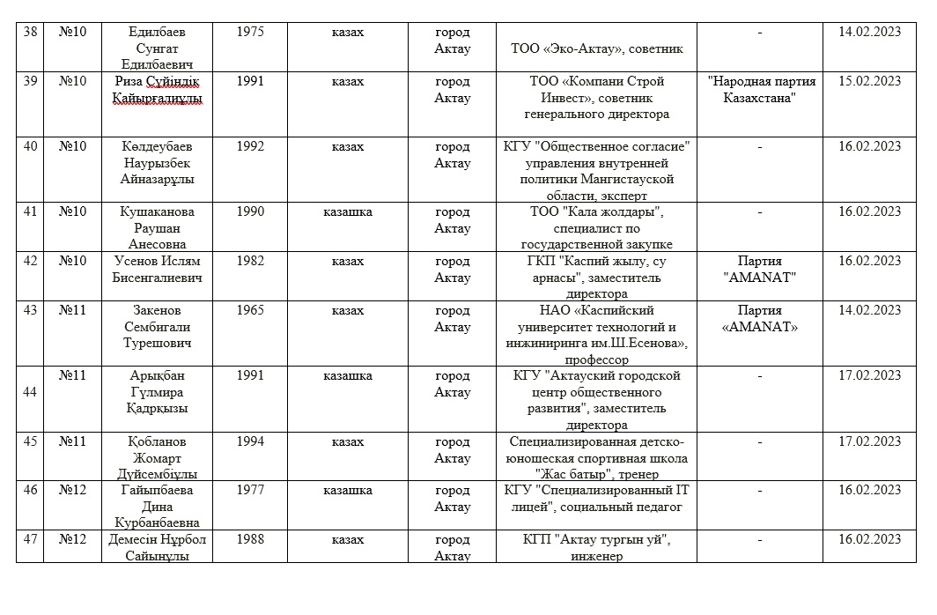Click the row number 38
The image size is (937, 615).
click(x=30, y=32)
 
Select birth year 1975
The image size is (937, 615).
click(x=250, y=32)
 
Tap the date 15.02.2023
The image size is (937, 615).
click(x=869, y=81)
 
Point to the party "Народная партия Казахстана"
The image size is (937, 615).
click(x=762, y=89)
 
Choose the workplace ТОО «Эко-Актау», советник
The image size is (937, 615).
click(x=597, y=49)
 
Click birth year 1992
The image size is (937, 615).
click(x=250, y=146)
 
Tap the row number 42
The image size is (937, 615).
click(x=30, y=261)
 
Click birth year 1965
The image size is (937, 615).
click(x=250, y=310)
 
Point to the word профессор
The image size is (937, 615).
click(x=599, y=359)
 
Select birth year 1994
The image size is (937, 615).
click(x=250, y=441)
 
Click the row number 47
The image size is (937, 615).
click(x=30, y=539)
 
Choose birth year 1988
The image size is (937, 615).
click(x=250, y=539)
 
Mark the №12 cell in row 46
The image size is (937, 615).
click(x=72, y=490)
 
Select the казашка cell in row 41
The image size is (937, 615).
click(x=348, y=211)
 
